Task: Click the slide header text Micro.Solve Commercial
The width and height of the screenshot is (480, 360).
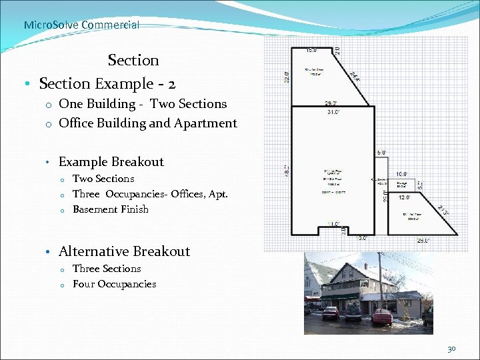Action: point(81,25)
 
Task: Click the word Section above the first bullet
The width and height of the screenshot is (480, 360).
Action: point(133,60)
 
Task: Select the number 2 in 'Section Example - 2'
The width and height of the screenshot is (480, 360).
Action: point(171,83)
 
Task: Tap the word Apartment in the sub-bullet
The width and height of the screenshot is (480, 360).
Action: point(211,123)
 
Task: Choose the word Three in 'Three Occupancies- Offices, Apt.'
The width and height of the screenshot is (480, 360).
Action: point(86,194)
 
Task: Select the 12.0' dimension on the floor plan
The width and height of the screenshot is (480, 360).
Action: point(405,198)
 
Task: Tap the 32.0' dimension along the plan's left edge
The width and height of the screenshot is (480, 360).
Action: point(287,77)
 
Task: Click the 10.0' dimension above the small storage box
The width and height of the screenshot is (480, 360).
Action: point(402,174)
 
